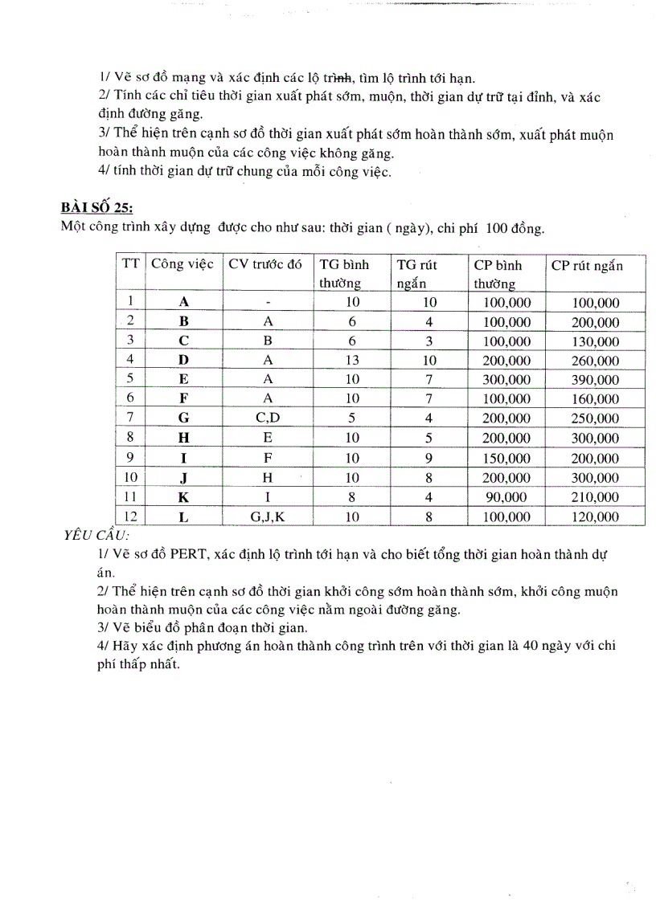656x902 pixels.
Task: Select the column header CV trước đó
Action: click(265, 266)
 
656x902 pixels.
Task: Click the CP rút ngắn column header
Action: click(587, 266)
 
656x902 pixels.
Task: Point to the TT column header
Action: click(129, 266)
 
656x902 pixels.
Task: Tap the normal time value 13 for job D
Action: click(352, 361)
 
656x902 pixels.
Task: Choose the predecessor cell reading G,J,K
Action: click(267, 517)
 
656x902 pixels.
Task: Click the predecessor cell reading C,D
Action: click(268, 418)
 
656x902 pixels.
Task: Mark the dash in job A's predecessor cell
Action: click(268, 303)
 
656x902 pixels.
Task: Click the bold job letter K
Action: click(183, 498)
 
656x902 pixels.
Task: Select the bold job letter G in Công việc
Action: click(183, 418)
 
